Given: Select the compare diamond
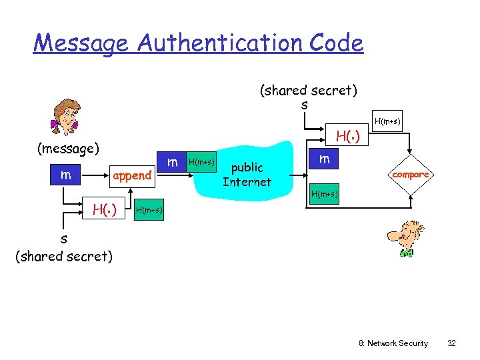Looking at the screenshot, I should click(x=411, y=175).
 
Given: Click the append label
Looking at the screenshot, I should click(x=132, y=175).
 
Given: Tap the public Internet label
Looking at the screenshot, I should click(x=247, y=175).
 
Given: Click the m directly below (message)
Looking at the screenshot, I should click(x=65, y=175).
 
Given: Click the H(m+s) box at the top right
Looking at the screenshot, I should click(x=387, y=121).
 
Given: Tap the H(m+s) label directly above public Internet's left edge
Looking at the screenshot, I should click(x=201, y=162).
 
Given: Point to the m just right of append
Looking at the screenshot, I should click(x=172, y=162).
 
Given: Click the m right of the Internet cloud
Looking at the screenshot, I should click(x=324, y=159).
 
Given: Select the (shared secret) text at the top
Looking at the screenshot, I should click(x=308, y=90).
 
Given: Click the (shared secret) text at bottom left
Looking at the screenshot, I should click(x=64, y=255).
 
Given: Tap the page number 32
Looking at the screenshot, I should click(x=451, y=343).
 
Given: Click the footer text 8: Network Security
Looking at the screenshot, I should click(x=393, y=343).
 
